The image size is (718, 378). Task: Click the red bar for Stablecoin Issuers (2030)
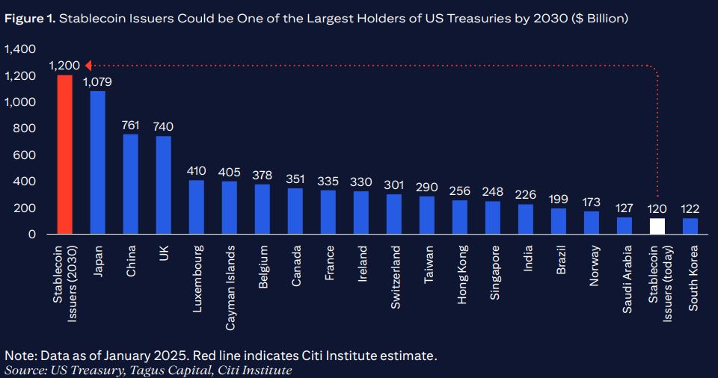tap(65, 154)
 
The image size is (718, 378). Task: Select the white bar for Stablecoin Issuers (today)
tap(657, 226)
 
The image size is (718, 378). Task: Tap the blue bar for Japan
tap(98, 162)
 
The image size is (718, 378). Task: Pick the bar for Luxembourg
tap(197, 207)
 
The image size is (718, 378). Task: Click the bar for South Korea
tap(690, 226)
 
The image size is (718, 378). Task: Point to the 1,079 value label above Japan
tap(98, 81)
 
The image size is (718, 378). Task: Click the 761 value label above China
tap(131, 124)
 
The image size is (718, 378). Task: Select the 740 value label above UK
tap(163, 126)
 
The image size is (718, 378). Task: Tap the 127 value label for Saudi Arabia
tap(625, 208)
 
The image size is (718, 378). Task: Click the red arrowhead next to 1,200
tap(88, 65)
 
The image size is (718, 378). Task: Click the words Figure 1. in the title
tap(31, 19)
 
